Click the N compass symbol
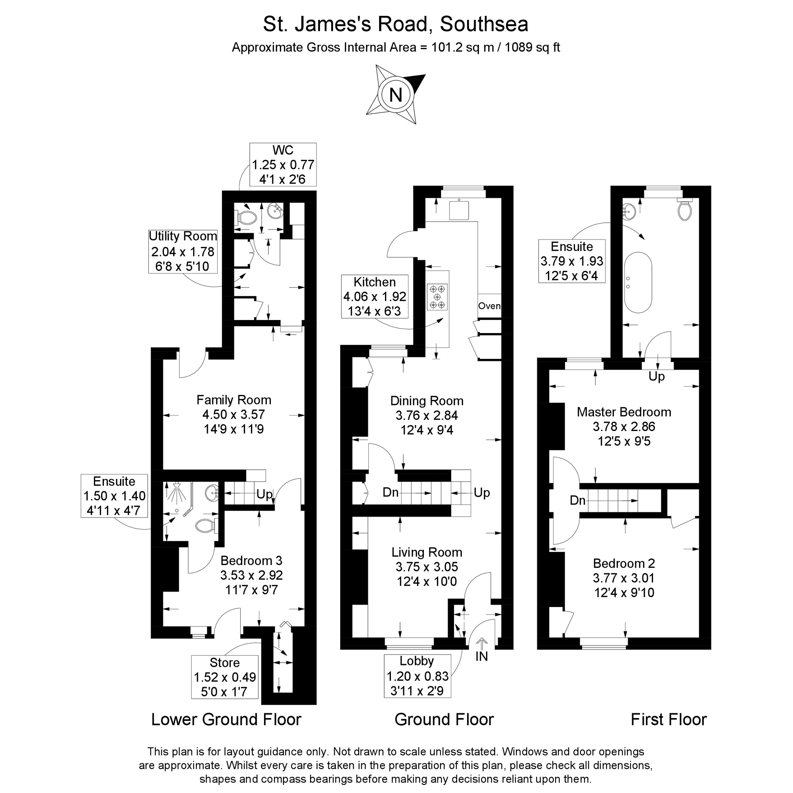point(396,95)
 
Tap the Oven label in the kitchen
point(489,306)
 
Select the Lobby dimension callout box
point(418,676)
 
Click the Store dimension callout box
point(225,677)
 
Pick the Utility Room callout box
point(183,251)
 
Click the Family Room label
point(234,400)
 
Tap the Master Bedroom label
point(624,412)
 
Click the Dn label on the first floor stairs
point(578,500)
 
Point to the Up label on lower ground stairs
point(264,494)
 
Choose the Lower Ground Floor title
point(226,731)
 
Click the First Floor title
point(668,731)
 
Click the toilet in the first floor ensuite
point(685,209)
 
